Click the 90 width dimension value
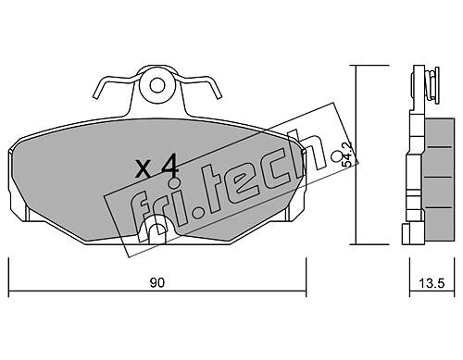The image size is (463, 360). pyautogui.click(x=157, y=282)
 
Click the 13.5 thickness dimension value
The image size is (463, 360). pyautogui.click(x=432, y=283)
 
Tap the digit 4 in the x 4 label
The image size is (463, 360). pyautogui.click(x=169, y=168)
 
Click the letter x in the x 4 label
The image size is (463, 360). pyautogui.click(x=144, y=170)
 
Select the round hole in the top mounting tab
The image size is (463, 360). pyautogui.click(x=157, y=85)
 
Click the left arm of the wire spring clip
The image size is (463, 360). pyautogui.click(x=115, y=84)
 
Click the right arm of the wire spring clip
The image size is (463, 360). pyautogui.click(x=199, y=85)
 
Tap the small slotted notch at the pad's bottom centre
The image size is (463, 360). pyautogui.click(x=156, y=229)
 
